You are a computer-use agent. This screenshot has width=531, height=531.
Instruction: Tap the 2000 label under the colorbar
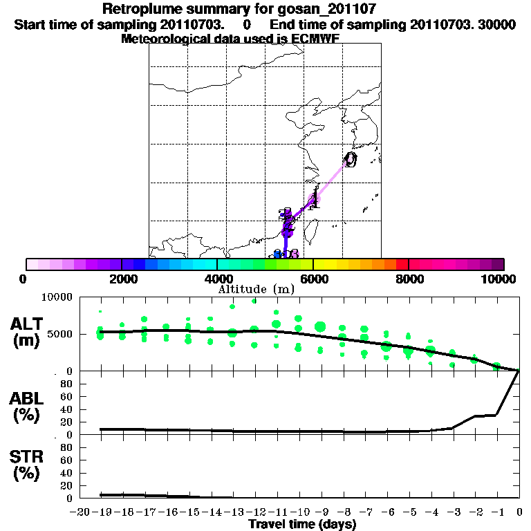(x=122, y=279)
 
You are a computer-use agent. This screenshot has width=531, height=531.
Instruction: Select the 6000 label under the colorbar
(x=313, y=279)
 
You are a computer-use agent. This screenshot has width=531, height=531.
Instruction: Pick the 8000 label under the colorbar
(x=409, y=279)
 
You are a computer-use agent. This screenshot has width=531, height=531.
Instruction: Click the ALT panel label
(x=28, y=324)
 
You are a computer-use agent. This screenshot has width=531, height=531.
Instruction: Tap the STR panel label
(x=28, y=456)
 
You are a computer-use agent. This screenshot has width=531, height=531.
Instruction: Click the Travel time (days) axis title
(x=302, y=525)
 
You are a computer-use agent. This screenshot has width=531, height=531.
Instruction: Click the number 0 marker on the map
(x=351, y=160)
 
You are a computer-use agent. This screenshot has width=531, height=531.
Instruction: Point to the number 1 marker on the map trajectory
(x=315, y=201)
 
